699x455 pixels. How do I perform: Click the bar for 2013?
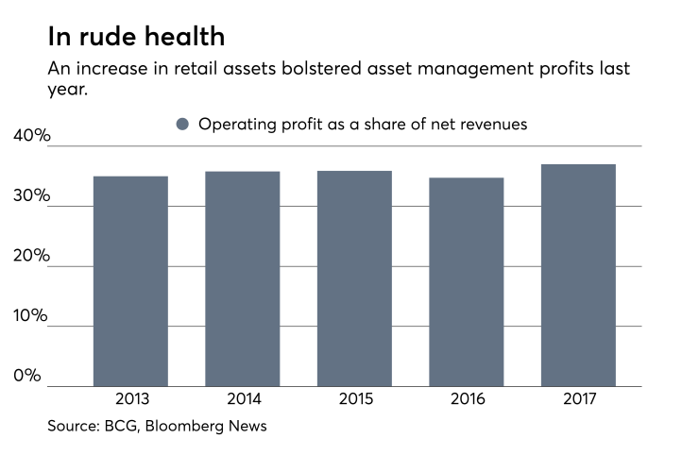pyautogui.click(x=130, y=280)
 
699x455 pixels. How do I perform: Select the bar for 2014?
pyautogui.click(x=242, y=278)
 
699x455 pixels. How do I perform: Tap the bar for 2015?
pyautogui.click(x=354, y=278)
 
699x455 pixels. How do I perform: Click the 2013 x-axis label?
pyautogui.click(x=130, y=399)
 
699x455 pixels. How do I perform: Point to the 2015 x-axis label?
pyautogui.click(x=354, y=399)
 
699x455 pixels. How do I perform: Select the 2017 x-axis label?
pyautogui.click(x=578, y=399)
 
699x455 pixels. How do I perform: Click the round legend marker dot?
pyautogui.click(x=183, y=124)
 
